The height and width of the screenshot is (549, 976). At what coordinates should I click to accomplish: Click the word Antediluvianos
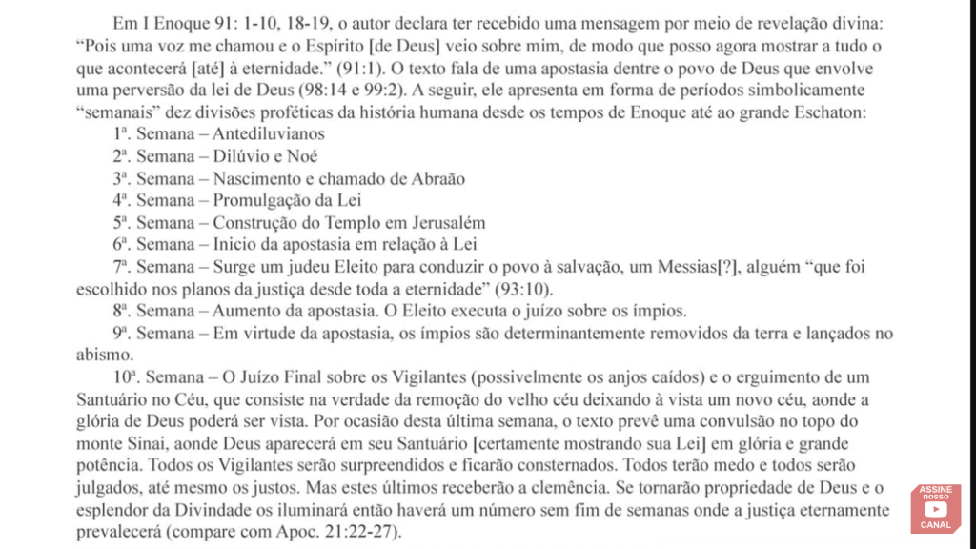[x=268, y=134]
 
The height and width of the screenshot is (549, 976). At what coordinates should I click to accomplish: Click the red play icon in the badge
[x=935, y=510]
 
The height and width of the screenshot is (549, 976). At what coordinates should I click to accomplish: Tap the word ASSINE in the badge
[x=935, y=491]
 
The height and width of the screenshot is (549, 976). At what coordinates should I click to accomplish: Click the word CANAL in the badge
[x=935, y=526]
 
